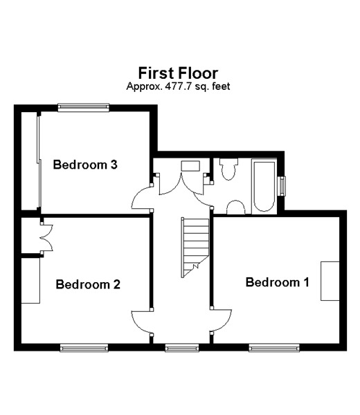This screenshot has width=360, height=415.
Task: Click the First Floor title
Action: coord(179,73)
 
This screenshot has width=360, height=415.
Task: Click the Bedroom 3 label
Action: coord(85,165)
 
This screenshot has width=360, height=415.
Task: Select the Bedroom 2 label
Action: coord(88,284)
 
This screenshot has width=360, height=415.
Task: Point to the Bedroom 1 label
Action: coord(278,282)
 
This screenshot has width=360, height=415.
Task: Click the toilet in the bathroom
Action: coord(228,169)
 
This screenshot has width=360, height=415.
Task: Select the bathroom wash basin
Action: coord(235,207)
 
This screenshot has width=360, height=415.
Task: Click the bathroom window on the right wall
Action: coord(283,186)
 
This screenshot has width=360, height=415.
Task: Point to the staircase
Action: coord(195,248)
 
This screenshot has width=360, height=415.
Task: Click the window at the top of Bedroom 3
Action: coord(84,107)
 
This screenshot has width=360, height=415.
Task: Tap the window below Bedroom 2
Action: coord(84,348)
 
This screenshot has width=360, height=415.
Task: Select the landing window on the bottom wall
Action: coord(181,348)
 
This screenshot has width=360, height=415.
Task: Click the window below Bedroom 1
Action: coord(274,348)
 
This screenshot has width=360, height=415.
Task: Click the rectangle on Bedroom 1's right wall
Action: coord(330,281)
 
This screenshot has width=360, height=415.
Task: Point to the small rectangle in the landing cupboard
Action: coord(190,166)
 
